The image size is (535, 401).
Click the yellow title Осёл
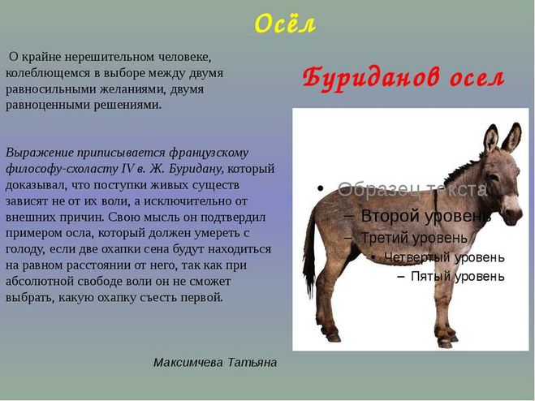(285, 24)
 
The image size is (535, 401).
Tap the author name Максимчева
(188, 362)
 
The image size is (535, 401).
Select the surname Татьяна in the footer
(252, 362)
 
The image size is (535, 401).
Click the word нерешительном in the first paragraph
(110, 57)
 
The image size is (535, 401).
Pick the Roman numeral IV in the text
(128, 169)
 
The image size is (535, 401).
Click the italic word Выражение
(40, 153)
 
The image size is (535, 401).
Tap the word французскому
(209, 153)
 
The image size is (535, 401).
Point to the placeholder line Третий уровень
(414, 238)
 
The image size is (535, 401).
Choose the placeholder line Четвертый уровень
(444, 257)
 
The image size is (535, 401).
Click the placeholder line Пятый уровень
(458, 277)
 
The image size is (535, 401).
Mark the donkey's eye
(494, 177)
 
